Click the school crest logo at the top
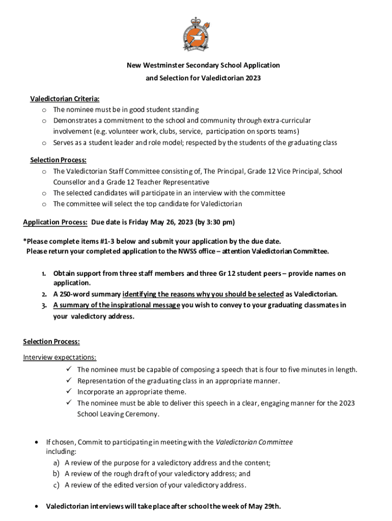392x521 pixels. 196,34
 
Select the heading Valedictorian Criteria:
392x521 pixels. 65,99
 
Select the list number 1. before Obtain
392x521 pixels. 44,274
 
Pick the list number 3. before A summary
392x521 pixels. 44,305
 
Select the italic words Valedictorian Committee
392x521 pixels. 254,442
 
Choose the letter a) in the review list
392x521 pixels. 56,463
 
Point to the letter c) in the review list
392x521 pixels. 56,485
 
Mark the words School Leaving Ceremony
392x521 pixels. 118,414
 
